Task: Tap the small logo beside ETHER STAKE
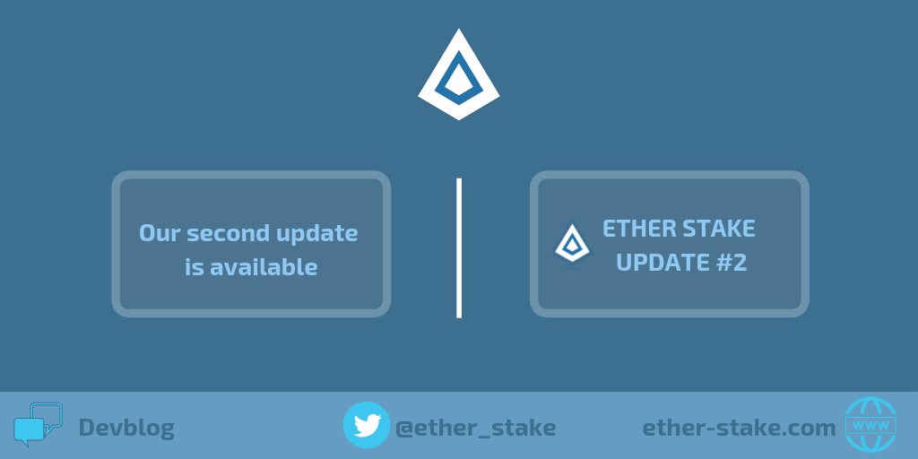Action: tap(572, 245)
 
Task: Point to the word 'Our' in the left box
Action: tap(160, 233)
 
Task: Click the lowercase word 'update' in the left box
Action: tap(316, 234)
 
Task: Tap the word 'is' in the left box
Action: tap(194, 267)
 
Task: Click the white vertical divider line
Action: tap(459, 247)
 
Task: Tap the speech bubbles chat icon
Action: tap(37, 425)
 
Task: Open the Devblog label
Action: tap(126, 428)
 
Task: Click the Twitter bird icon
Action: tap(367, 425)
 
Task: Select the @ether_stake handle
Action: tap(476, 428)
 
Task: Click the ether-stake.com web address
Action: tap(739, 428)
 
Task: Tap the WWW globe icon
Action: tap(870, 425)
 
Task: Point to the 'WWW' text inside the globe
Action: tap(870, 425)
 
